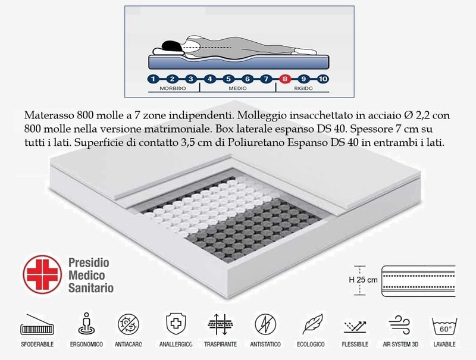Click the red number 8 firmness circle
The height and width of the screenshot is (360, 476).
point(285,79)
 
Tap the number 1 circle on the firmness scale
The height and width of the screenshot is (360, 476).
point(153,79)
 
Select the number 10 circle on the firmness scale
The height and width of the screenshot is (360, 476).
point(322,79)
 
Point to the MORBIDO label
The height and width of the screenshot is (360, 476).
point(173,88)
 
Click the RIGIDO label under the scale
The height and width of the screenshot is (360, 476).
point(303,88)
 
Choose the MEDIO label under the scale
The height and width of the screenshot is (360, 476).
point(237,88)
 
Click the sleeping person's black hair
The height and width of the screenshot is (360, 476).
point(171,46)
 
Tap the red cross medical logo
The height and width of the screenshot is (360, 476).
point(42,274)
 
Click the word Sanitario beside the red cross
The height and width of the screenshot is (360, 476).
point(91,288)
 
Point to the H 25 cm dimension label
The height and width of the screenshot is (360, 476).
point(363,280)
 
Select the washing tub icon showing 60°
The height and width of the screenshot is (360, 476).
point(444,327)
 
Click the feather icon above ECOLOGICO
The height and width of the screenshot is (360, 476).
point(312,324)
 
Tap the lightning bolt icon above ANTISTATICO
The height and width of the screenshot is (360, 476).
point(265,324)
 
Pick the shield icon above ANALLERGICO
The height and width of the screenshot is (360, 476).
point(176,324)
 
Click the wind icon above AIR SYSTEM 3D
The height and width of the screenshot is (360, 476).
point(400,324)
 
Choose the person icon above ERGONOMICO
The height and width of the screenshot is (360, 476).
point(86,324)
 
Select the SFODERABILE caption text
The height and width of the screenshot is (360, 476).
point(37,344)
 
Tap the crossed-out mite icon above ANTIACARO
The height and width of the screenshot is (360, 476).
point(129,324)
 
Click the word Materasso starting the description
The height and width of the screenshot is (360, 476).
point(49,115)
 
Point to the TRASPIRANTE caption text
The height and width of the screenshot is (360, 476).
point(220,344)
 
